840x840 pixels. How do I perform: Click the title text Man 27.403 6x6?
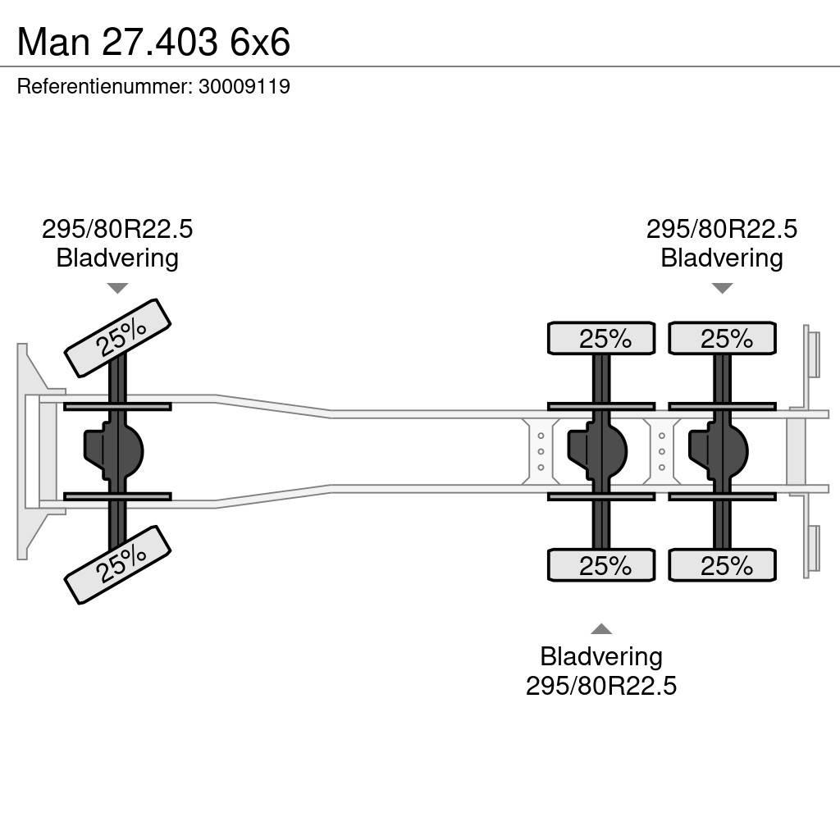pos(153,41)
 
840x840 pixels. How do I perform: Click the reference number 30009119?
pos(244,87)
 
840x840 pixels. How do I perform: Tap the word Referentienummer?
pos(103,87)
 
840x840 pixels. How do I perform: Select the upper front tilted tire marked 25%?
pos(117,338)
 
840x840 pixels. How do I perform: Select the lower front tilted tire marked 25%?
pos(117,564)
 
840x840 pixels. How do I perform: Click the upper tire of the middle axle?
pos(601,338)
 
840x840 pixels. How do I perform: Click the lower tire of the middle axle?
pos(601,565)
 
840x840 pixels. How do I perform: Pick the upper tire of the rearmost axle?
pos(723,338)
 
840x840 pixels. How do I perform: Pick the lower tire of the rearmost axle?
pos(723,565)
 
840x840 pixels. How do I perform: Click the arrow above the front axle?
pos(117,288)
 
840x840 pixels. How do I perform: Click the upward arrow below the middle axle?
pos(601,629)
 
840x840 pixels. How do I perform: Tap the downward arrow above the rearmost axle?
pos(722,288)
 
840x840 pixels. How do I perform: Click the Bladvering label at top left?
pos(117,258)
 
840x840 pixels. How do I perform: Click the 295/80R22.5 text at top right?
pos(722,229)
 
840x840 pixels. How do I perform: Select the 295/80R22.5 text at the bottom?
pos(601,686)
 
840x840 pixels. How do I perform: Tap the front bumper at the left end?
pos(30,450)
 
